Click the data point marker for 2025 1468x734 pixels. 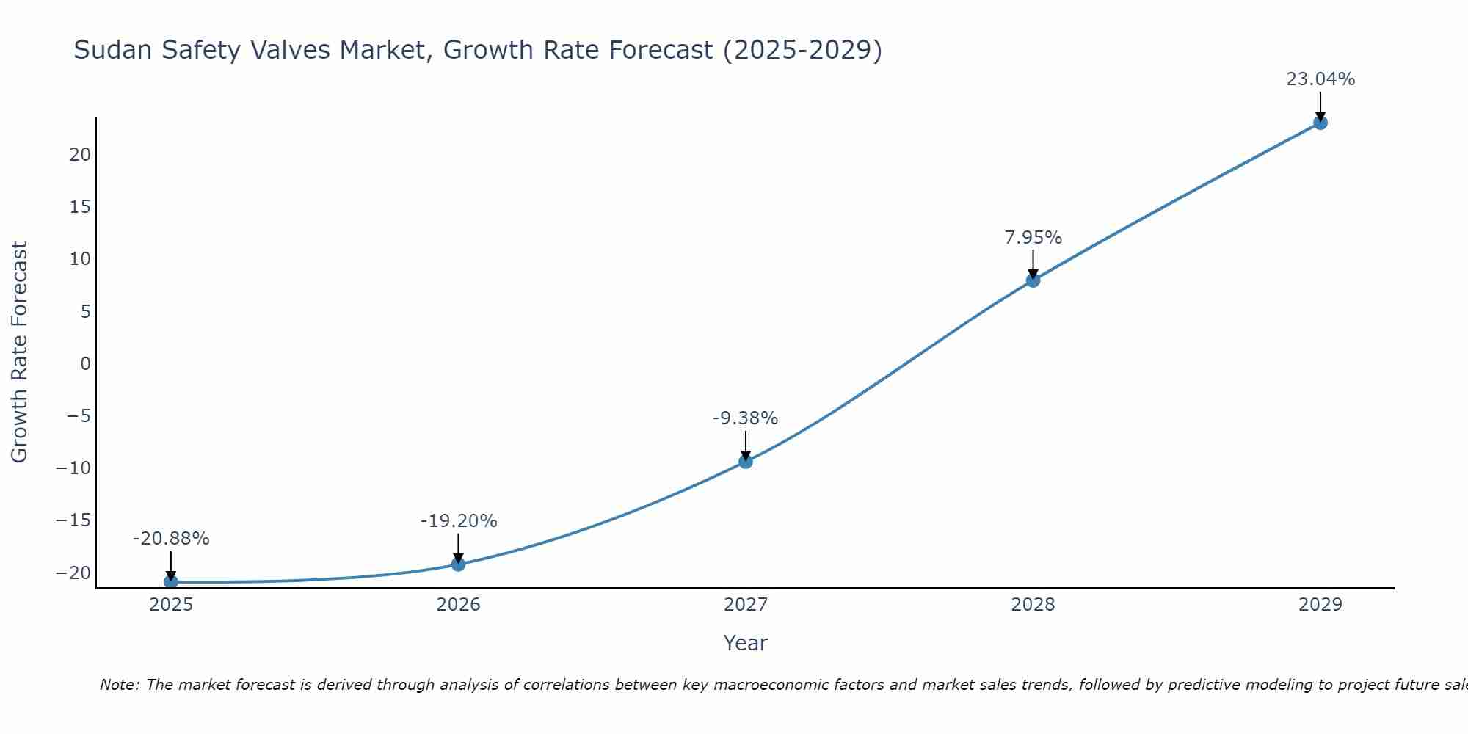[x=171, y=581]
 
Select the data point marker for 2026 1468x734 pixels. [x=458, y=564]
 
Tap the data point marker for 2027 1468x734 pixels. [x=746, y=461]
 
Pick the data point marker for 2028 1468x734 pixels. [x=1033, y=280]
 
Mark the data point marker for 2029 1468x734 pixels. [x=1320, y=123]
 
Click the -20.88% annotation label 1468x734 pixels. [x=171, y=539]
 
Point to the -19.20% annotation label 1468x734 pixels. [x=458, y=521]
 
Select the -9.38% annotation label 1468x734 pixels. [x=745, y=418]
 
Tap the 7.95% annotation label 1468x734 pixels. [x=1033, y=238]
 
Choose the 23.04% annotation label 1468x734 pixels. [x=1320, y=79]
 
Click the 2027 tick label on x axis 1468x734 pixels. [x=745, y=605]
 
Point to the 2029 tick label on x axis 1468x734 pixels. [x=1320, y=605]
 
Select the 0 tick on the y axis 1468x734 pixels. [x=86, y=364]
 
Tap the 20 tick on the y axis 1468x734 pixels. [x=80, y=155]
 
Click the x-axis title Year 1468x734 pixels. [x=745, y=643]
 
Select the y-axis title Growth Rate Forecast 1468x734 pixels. [x=19, y=352]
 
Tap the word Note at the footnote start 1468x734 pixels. [x=119, y=685]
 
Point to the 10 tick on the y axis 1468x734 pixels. [x=80, y=259]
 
